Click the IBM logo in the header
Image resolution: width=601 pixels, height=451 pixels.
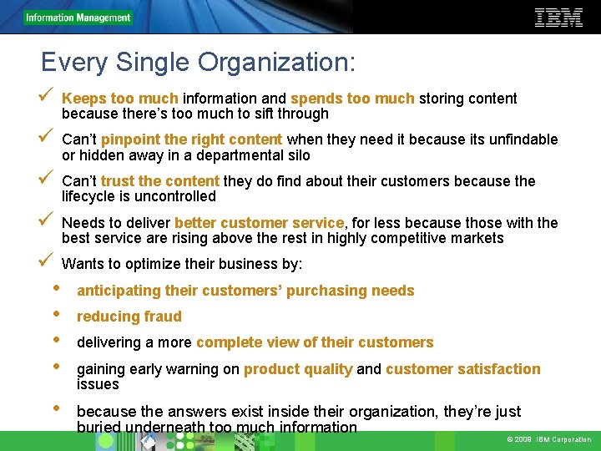(558, 17)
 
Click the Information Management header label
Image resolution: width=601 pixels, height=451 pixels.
(78, 18)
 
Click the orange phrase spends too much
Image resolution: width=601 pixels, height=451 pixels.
(352, 99)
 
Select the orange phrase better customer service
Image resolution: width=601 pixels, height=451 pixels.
(259, 223)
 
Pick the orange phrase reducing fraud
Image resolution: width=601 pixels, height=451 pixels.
(129, 317)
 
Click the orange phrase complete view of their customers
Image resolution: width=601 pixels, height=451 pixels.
(315, 342)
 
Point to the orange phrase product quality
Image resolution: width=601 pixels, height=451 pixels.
(298, 369)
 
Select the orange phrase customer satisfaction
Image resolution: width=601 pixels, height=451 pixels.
(462, 369)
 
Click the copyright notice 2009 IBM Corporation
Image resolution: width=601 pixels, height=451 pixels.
(548, 440)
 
